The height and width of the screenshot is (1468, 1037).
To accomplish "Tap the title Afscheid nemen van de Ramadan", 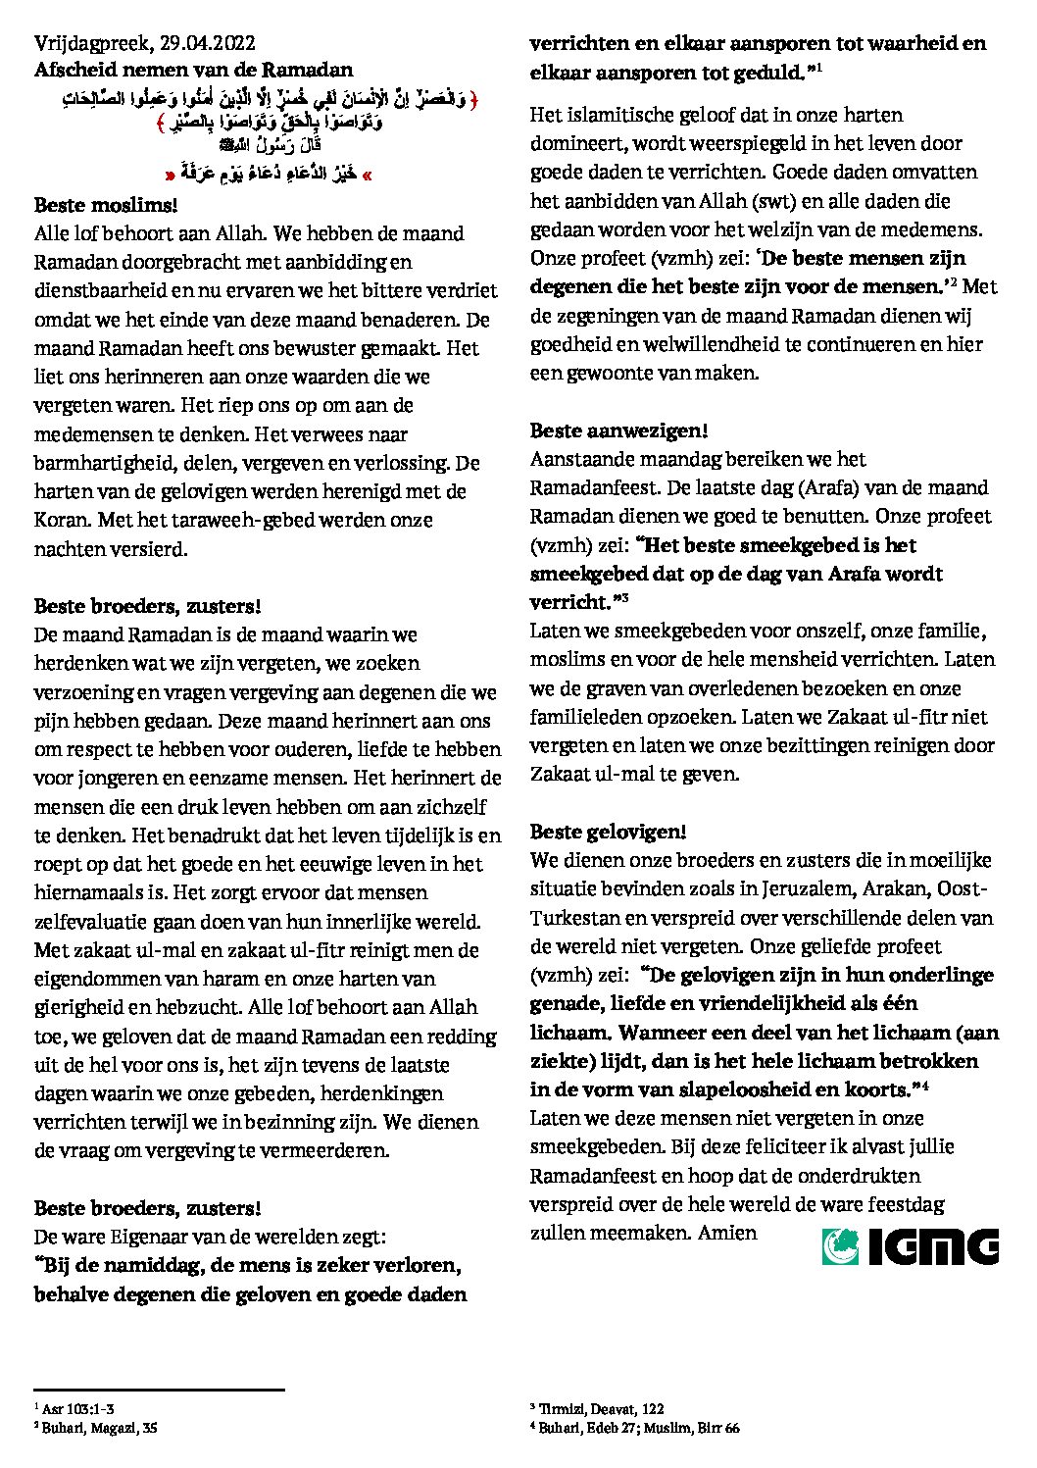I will (193, 70).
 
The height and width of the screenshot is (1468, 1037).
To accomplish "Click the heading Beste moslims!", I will (106, 206).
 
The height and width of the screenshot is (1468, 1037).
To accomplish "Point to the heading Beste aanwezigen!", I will (618, 430).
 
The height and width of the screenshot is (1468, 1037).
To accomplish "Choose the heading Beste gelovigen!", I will (608, 832).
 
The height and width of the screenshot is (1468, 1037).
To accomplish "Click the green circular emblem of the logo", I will (840, 1245).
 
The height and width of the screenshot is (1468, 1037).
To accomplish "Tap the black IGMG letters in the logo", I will (933, 1245).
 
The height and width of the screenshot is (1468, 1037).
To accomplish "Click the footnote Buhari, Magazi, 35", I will (99, 1428).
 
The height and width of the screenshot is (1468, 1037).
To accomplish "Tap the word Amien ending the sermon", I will (727, 1232).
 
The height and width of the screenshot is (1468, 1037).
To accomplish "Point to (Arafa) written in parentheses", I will (801, 487).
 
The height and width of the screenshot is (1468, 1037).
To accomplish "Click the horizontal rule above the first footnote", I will (159, 1390).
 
